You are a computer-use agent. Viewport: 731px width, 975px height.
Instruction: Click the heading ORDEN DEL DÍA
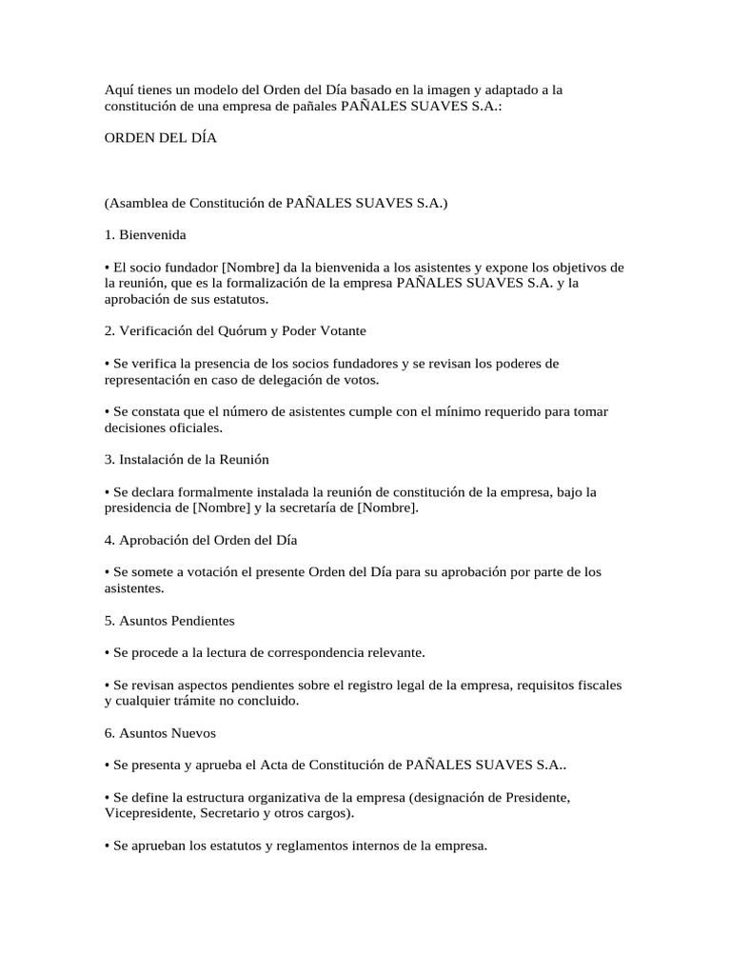click(161, 138)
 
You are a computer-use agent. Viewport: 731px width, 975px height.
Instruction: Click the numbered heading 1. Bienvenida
click(146, 234)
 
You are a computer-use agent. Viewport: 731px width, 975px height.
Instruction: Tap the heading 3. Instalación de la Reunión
click(187, 460)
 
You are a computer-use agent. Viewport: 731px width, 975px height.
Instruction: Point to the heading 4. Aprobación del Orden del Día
click(201, 541)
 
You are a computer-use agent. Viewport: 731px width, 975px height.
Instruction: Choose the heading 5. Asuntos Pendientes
click(169, 621)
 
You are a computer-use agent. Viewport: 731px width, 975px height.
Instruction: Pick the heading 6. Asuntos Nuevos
click(160, 734)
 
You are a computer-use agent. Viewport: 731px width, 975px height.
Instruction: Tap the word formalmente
click(216, 492)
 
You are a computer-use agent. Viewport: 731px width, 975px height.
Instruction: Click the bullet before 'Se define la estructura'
click(107, 798)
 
